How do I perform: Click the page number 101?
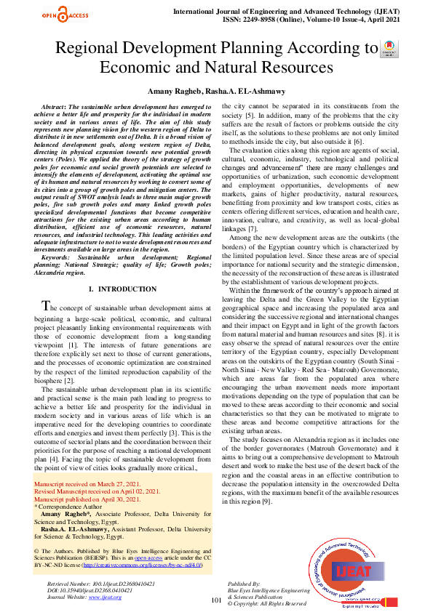pyautogui.click(x=216, y=600)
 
